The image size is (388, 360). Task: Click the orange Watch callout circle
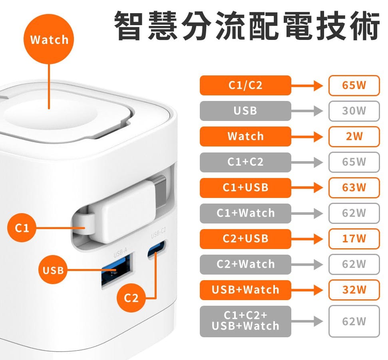tap(49, 39)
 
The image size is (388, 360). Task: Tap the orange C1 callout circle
tap(22, 227)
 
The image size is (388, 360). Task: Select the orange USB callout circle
tap(53, 269)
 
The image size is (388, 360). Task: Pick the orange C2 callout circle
tap(131, 298)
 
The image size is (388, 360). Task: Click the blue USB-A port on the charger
tap(117, 270)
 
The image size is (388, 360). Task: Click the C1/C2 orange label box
tap(245, 85)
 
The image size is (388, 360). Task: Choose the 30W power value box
tap(354, 111)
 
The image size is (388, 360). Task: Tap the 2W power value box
tap(354, 136)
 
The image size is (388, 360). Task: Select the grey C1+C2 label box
tap(245, 162)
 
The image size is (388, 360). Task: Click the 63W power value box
tap(354, 188)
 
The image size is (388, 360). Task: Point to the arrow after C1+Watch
tap(307, 213)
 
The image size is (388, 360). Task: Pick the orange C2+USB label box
tap(245, 239)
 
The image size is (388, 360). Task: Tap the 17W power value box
tap(354, 239)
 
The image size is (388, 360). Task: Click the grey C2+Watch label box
tap(245, 264)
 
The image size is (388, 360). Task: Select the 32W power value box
tap(354, 290)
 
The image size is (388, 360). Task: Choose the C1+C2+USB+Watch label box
tap(245, 321)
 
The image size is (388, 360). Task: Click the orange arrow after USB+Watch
tap(307, 290)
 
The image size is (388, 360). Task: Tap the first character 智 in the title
tap(129, 26)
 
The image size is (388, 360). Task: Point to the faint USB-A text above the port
tap(121, 253)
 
